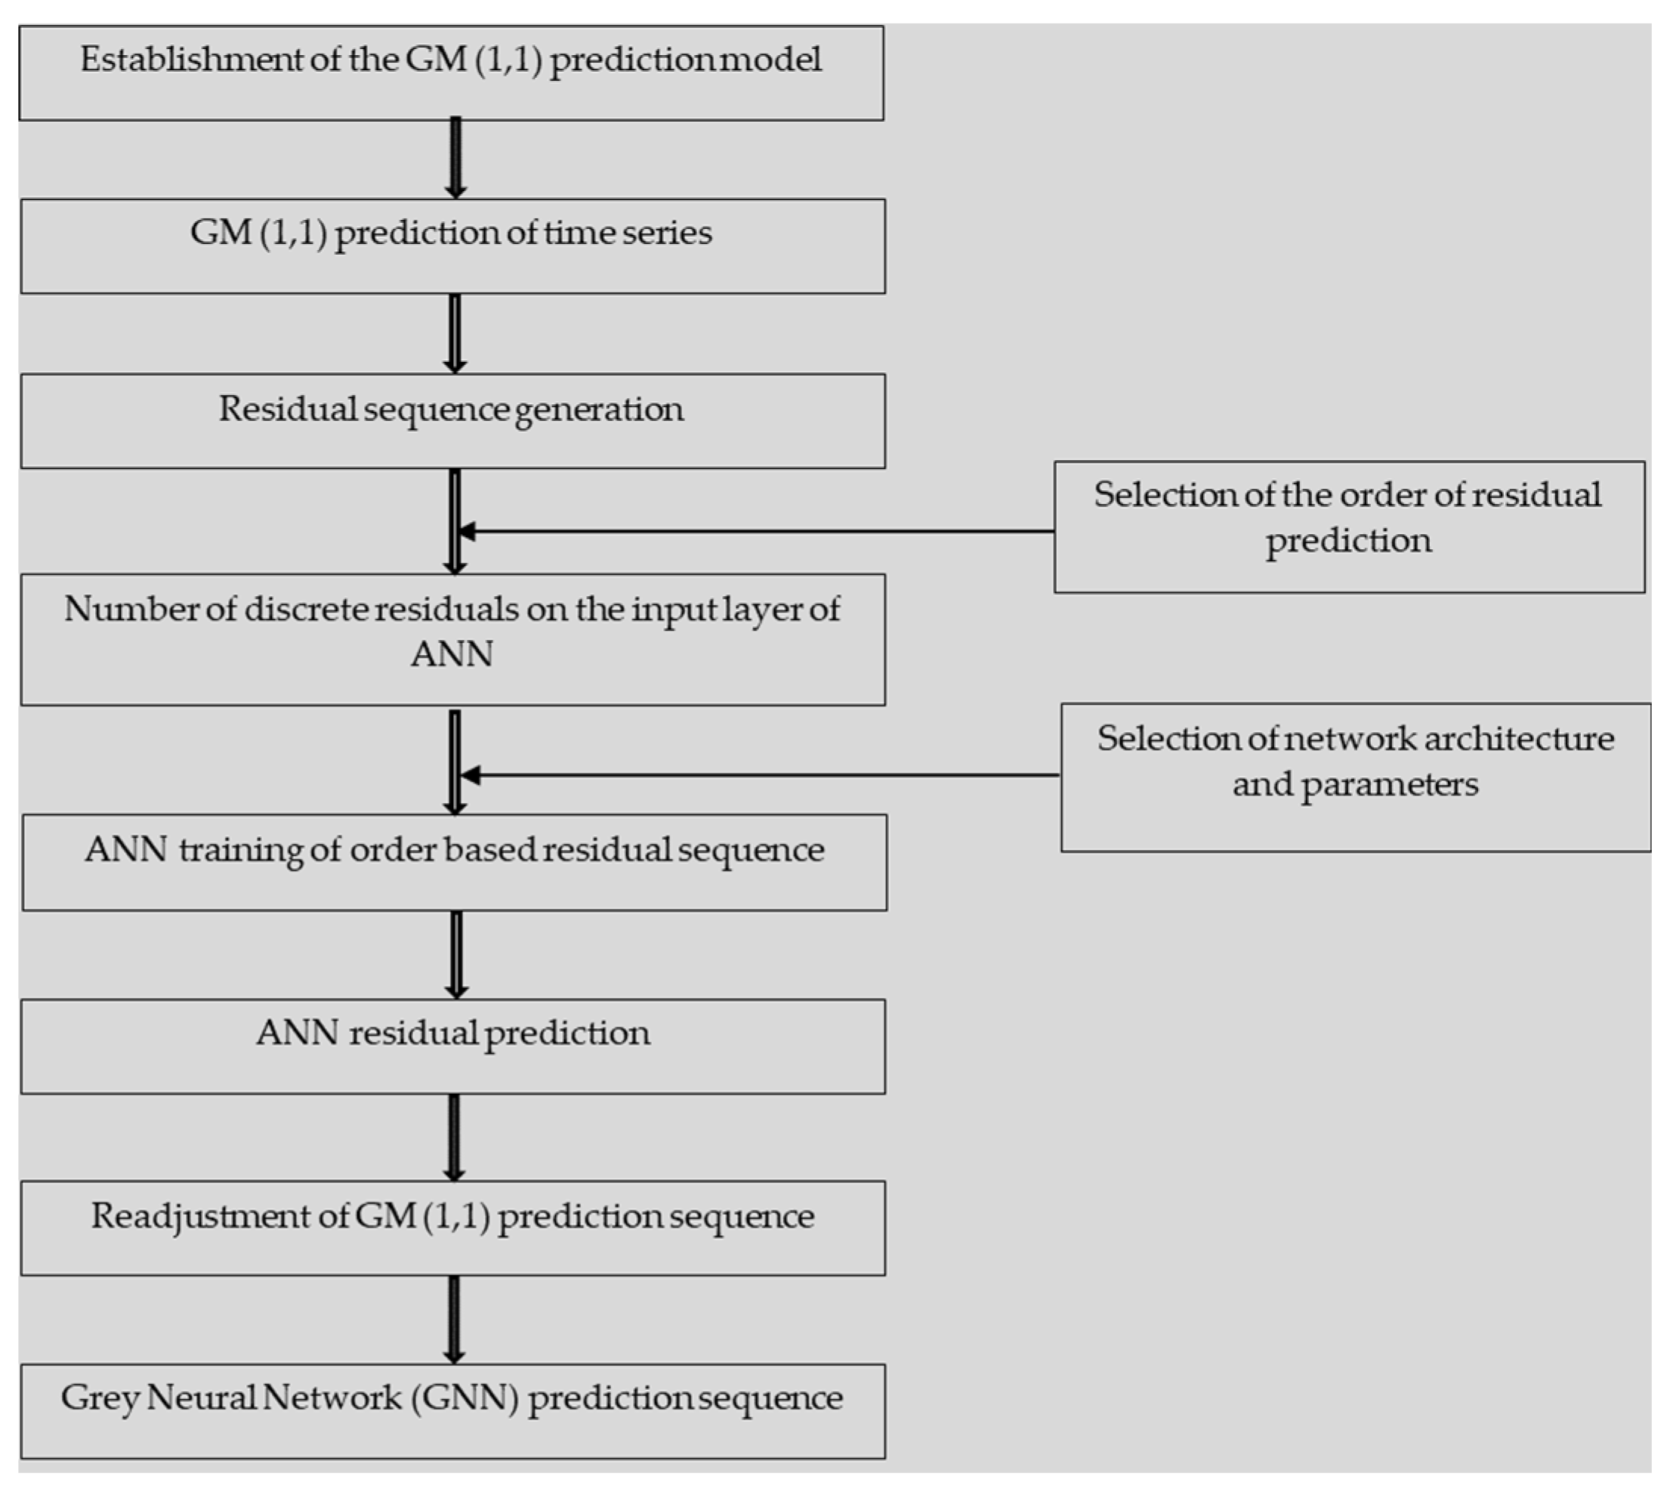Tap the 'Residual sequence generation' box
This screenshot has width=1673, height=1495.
(x=452, y=421)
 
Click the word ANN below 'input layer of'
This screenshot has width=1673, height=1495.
(x=452, y=655)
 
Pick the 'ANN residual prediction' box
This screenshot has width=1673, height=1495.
(x=452, y=1046)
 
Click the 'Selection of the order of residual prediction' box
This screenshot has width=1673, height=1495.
(x=1348, y=527)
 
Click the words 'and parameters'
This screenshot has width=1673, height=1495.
(x=1355, y=784)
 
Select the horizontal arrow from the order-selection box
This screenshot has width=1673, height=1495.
(x=755, y=532)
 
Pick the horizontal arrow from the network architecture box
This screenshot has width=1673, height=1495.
(x=760, y=774)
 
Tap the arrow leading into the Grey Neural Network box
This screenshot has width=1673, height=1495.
(x=454, y=1318)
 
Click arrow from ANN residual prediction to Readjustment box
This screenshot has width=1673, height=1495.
(x=454, y=1137)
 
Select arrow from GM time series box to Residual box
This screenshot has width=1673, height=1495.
(x=455, y=332)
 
